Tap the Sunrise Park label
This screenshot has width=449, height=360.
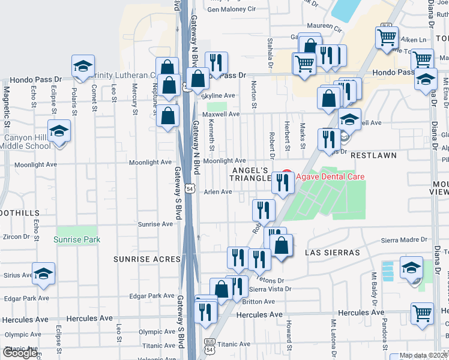(76, 239)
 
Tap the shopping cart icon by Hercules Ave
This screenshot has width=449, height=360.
(423, 313)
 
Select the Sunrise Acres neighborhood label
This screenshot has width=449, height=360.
(147, 259)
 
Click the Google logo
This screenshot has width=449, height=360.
(20, 353)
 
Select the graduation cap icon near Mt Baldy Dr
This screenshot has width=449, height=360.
(411, 268)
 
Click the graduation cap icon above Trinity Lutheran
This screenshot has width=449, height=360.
(83, 66)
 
